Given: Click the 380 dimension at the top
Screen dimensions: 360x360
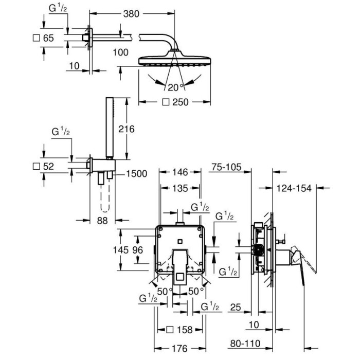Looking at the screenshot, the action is [131, 14].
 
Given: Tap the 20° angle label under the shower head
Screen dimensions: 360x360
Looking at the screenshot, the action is [176, 87].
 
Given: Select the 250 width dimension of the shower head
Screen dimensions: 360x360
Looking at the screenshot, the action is [180, 102].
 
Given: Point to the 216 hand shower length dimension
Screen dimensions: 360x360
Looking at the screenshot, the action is [127, 129].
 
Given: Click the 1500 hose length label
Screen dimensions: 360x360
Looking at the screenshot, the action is [137, 174].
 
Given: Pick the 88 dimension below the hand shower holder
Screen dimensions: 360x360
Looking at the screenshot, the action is [102, 221].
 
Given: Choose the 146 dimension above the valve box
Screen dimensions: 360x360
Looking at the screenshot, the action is [180, 172].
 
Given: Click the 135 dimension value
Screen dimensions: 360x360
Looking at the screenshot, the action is [180, 189].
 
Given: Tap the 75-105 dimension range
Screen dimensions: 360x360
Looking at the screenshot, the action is [226, 167].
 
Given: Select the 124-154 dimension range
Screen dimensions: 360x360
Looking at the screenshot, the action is [294, 189].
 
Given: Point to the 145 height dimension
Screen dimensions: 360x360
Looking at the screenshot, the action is [121, 250].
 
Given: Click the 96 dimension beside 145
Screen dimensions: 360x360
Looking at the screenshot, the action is [137, 250].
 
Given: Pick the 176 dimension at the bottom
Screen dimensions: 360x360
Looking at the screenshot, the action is [179, 349].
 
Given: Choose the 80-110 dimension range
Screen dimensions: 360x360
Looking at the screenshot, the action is [245, 344].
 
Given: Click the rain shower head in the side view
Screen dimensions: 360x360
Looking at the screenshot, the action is [174, 59].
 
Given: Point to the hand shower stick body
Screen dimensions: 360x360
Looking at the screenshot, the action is [110, 127].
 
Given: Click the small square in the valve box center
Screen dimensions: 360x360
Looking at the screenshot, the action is [180, 241].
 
